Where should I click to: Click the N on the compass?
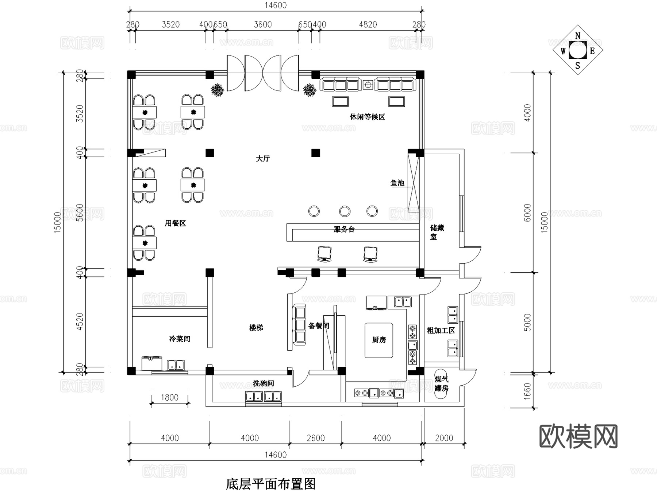point(577,36)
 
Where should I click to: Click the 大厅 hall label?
point(263,159)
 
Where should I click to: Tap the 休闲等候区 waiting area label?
point(367,117)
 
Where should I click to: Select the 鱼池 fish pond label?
point(397,183)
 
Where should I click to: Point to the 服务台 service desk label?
point(344,229)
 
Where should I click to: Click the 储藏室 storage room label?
point(437,232)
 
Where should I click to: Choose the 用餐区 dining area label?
point(175,223)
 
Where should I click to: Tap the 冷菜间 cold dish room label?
point(180,339)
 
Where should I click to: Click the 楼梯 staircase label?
point(256,328)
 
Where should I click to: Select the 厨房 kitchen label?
point(379,340)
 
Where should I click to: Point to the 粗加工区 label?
point(441,331)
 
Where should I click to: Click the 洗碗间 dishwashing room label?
point(263,383)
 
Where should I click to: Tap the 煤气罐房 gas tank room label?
point(441,384)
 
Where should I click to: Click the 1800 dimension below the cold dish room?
point(170,397)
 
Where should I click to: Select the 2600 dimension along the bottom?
point(316,438)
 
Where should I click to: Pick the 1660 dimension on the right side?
point(527,391)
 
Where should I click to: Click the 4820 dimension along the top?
point(368,24)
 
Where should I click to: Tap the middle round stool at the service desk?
point(345,211)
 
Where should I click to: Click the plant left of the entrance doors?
point(218,90)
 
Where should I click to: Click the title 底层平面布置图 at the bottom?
point(270,484)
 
